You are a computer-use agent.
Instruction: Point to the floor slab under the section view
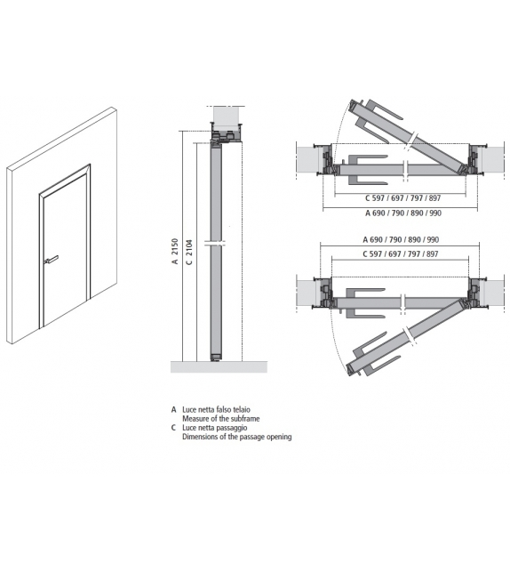pos(219,366)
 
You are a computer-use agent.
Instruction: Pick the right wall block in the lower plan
pos(491,293)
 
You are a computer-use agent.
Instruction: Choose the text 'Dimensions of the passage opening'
pos(236,437)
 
